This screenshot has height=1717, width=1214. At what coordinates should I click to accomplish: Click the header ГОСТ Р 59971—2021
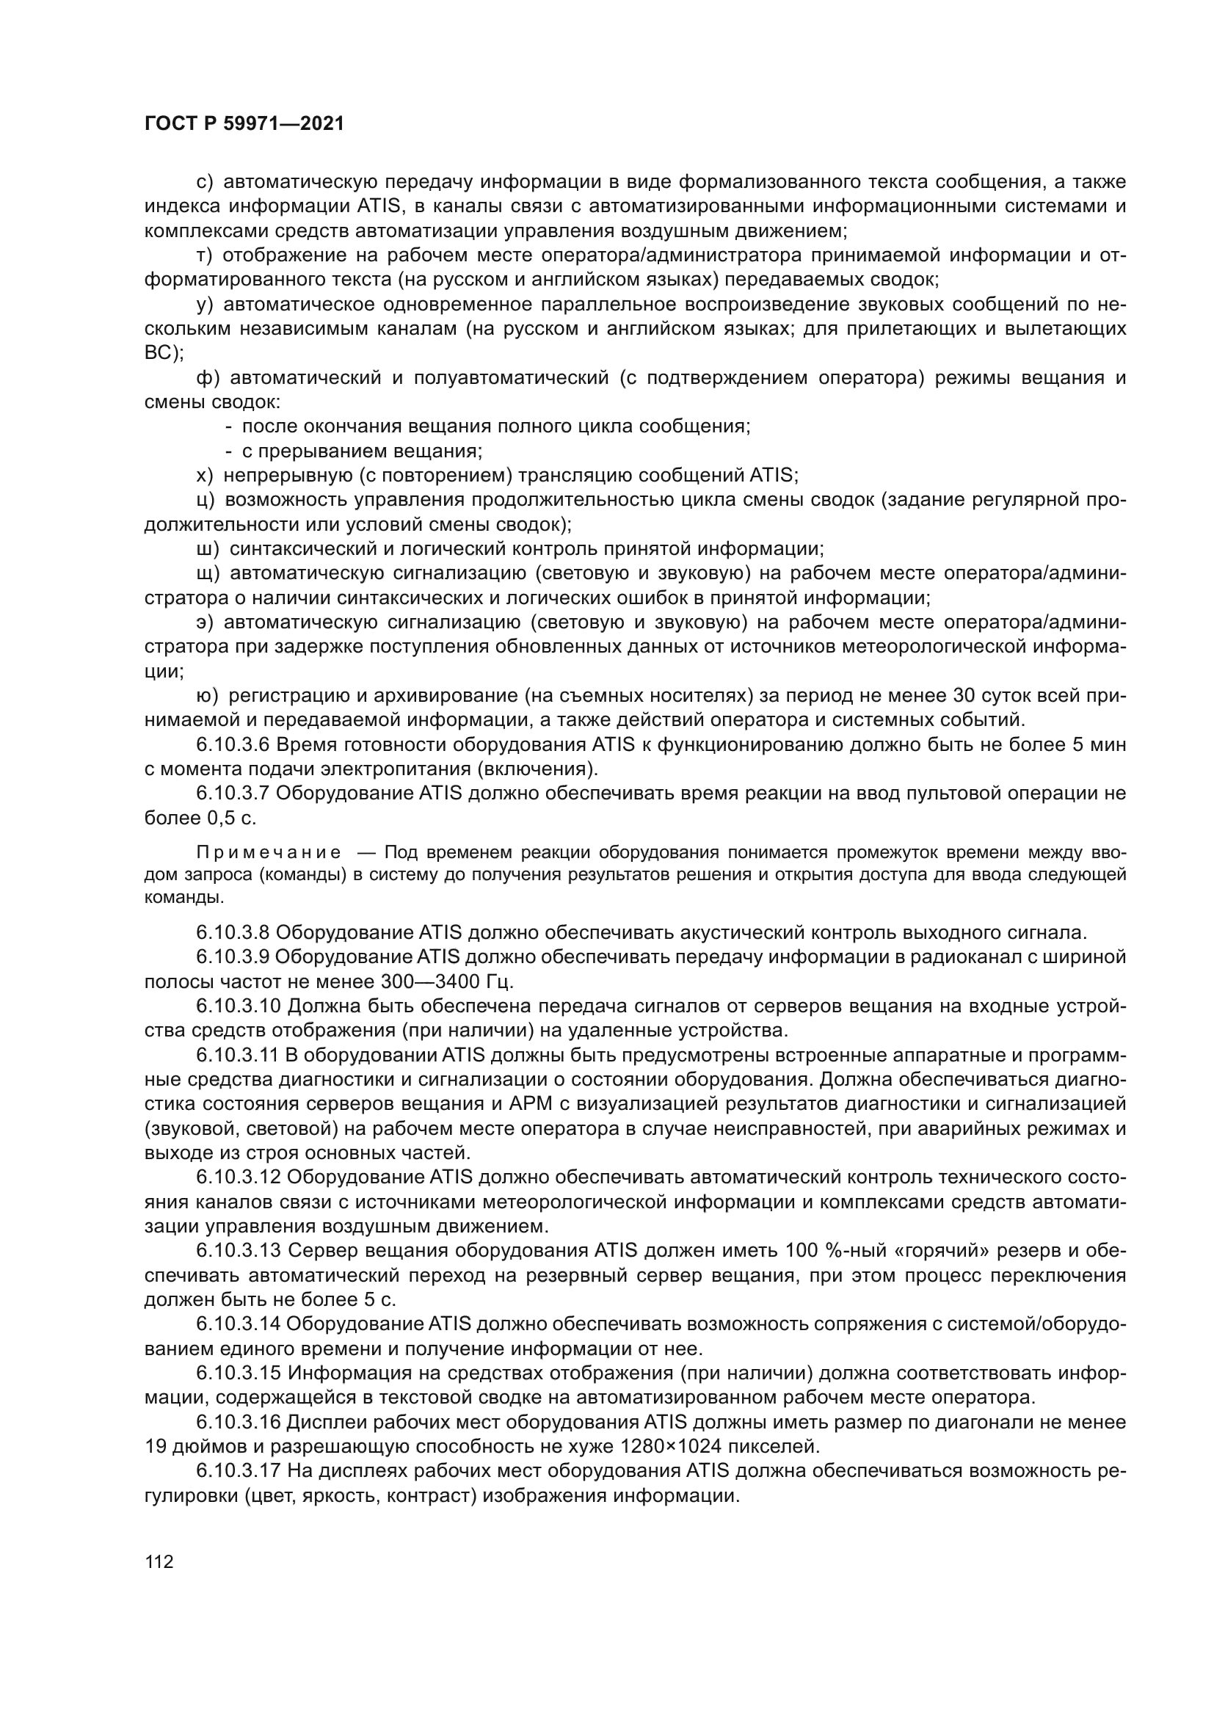click(244, 124)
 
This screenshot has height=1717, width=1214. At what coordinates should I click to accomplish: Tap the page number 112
click(159, 1562)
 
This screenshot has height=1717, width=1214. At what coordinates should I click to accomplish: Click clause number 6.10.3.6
click(233, 745)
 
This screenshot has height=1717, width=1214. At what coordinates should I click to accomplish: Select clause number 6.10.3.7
click(233, 794)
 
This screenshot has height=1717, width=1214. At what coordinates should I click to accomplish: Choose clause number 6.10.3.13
click(238, 1250)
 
